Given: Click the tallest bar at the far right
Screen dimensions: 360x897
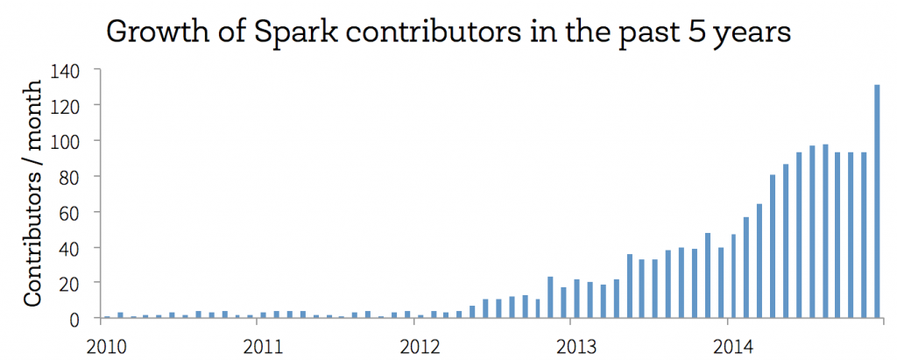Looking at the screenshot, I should point(877,201).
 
